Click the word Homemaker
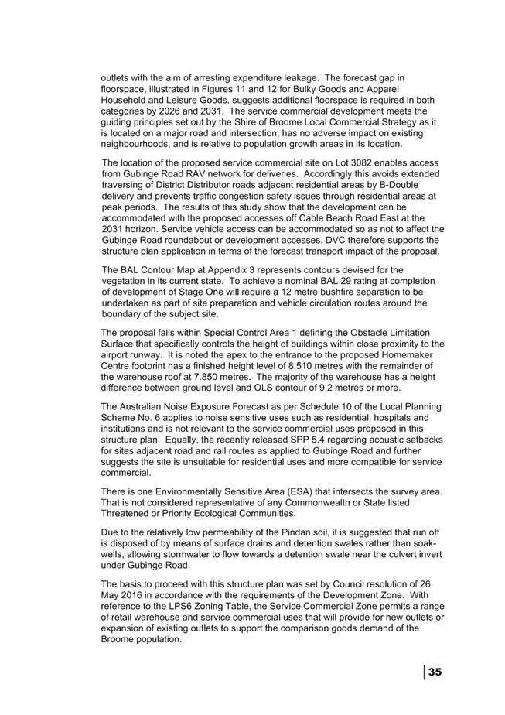coord(411,354)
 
